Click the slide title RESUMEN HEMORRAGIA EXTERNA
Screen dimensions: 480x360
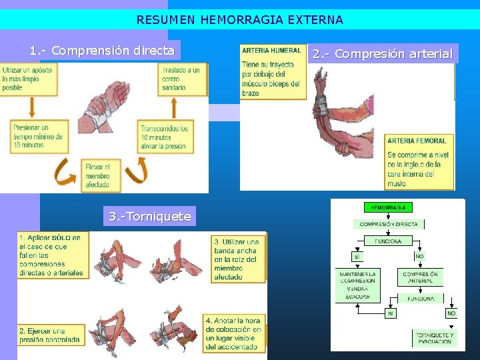[x=240, y=20]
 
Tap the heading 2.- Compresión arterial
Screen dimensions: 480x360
[x=383, y=54]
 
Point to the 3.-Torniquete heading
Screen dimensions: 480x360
[x=150, y=216]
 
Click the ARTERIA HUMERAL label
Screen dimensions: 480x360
[x=271, y=51]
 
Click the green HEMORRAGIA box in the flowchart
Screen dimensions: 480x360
[x=388, y=208]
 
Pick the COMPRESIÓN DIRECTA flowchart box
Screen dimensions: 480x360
[x=389, y=225]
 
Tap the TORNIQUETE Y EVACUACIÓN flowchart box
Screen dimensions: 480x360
[x=434, y=338]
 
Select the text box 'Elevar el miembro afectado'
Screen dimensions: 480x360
[x=101, y=176]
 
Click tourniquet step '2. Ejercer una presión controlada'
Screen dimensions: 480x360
[x=51, y=335]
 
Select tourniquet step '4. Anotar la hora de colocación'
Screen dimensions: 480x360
[x=233, y=333]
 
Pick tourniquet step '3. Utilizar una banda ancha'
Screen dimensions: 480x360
[x=237, y=259]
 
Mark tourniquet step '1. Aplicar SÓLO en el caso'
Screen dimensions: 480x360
[x=52, y=255]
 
